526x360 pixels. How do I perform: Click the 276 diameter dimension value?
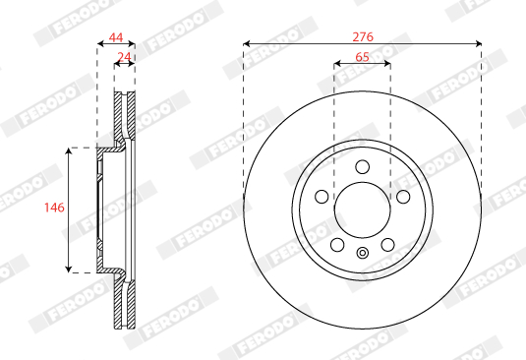click(362, 35)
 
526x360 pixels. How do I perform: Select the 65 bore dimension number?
click(362, 57)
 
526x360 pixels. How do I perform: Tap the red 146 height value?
click(55, 209)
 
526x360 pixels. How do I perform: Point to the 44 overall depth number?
click(115, 35)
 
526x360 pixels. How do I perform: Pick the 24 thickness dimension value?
click(124, 56)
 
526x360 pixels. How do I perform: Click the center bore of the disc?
click(362, 210)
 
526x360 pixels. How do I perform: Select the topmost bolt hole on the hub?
click(362, 166)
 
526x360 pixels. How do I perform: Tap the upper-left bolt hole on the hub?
click(321, 196)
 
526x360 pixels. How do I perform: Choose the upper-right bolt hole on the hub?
click(403, 196)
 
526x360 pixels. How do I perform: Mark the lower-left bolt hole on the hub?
click(337, 244)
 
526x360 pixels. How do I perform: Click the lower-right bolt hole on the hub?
click(387, 244)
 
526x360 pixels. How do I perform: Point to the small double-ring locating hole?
click(362, 254)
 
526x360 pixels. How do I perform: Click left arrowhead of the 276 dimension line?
click(247, 43)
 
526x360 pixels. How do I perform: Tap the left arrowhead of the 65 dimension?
click(337, 65)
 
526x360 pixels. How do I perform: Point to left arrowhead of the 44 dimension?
click(100, 43)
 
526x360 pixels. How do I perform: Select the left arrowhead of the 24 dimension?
click(118, 65)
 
